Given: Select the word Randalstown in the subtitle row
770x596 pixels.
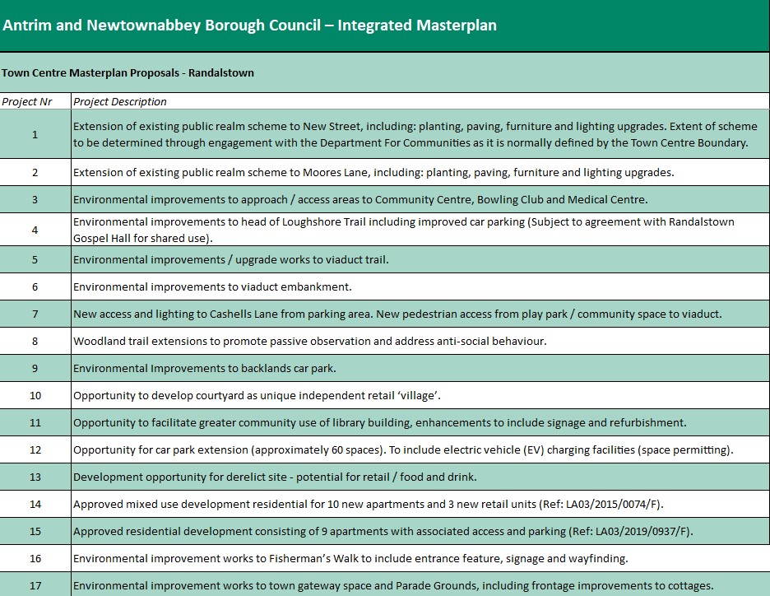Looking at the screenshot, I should pos(221,72).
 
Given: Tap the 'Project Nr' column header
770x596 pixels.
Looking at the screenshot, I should pos(26,101).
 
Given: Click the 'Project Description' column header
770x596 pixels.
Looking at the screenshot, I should pos(120,101).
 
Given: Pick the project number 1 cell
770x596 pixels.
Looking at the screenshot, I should pos(35,134).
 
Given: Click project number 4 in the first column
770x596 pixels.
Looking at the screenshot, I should pos(35,230).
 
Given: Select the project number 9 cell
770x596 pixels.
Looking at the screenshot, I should pos(35,368).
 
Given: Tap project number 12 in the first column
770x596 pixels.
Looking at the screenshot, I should pos(35,449).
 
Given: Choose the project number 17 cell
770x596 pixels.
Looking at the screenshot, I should pos(35,585).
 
